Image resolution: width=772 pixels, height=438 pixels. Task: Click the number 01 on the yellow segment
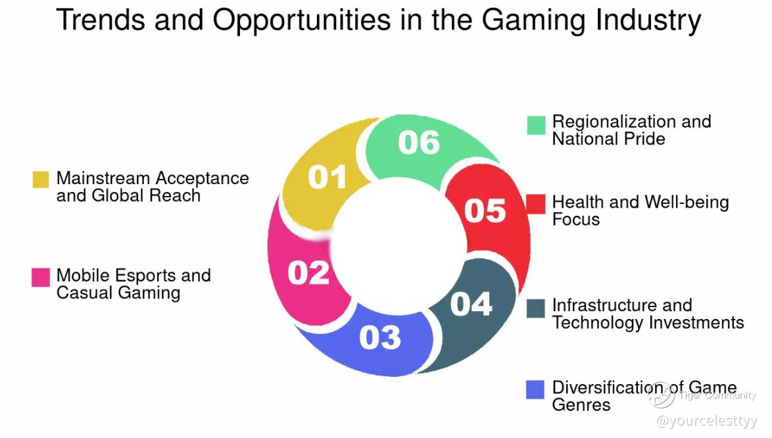327,177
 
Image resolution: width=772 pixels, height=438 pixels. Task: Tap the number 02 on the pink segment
308,273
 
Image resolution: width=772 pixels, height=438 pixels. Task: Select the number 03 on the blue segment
380,337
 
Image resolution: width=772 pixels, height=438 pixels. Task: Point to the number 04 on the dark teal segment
471,304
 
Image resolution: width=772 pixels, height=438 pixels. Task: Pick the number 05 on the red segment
485,210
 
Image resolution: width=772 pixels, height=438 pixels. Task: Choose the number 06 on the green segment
419,143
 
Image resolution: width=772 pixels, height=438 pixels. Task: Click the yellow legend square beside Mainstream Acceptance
41,179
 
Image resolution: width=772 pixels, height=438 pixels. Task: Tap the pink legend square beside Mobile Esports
41,277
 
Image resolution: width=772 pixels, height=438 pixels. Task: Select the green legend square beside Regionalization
536,125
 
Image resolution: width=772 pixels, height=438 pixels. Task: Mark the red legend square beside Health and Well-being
536,204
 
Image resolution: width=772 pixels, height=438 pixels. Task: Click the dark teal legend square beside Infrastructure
536,308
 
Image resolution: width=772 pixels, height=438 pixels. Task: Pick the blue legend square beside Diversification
535,389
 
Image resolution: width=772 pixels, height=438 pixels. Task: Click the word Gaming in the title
533,20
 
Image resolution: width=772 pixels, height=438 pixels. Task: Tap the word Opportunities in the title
302,20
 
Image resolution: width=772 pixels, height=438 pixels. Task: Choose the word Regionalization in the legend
614,122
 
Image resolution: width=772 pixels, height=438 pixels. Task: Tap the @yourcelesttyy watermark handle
706,421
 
